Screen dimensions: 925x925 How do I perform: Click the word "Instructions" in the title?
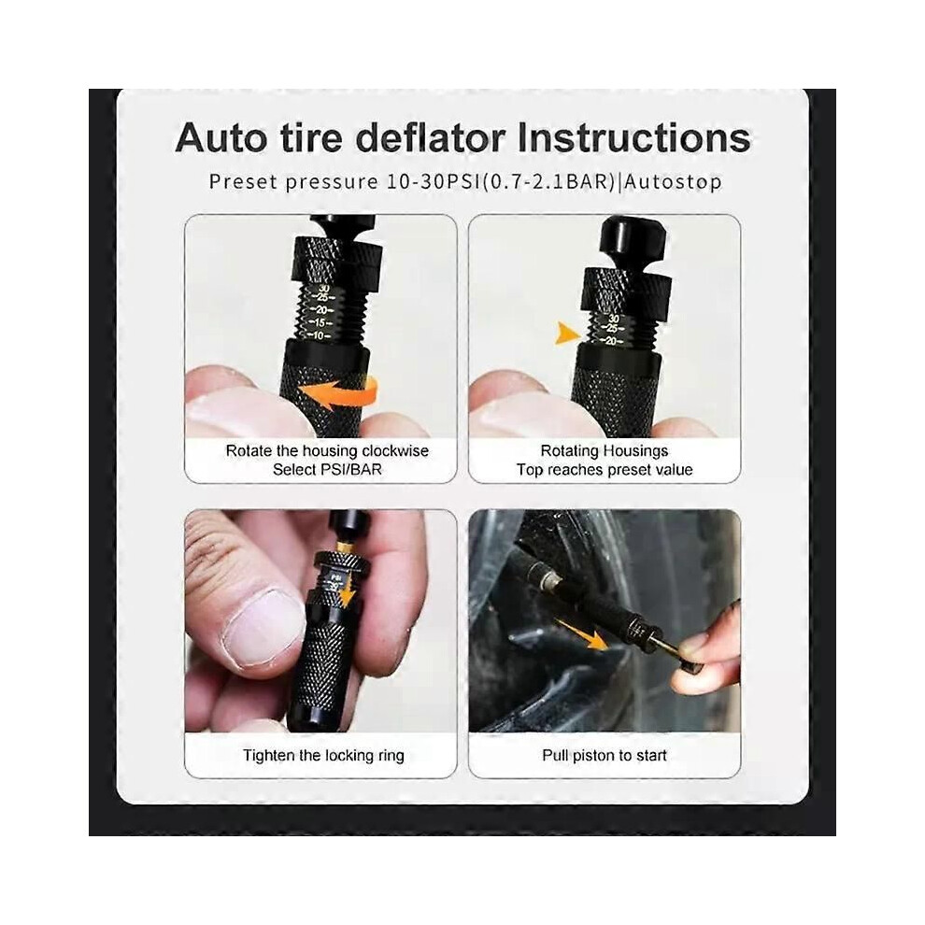(x=634, y=137)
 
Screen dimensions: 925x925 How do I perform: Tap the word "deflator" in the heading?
(x=431, y=137)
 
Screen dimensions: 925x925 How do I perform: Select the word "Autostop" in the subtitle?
(x=673, y=181)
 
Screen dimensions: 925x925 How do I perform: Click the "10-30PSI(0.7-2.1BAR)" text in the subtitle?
(x=501, y=181)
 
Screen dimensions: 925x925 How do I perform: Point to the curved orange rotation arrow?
(x=338, y=393)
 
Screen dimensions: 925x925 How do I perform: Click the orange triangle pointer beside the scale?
(x=567, y=334)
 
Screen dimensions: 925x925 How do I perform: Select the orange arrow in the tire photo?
(x=582, y=634)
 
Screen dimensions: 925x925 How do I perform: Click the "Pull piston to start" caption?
(x=605, y=755)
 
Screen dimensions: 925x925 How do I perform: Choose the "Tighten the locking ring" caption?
(x=323, y=756)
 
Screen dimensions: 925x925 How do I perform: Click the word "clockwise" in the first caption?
(x=395, y=450)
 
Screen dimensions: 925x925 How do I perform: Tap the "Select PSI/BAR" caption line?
(x=327, y=470)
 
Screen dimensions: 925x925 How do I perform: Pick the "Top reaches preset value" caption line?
(x=605, y=470)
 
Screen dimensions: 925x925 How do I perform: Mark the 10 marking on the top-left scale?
(x=318, y=335)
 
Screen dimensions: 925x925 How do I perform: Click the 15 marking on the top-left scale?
(x=320, y=322)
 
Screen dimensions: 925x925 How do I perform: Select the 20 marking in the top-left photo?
(x=320, y=309)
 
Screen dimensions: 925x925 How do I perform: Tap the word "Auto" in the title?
(x=221, y=137)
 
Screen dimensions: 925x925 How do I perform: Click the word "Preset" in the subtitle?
(x=244, y=181)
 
